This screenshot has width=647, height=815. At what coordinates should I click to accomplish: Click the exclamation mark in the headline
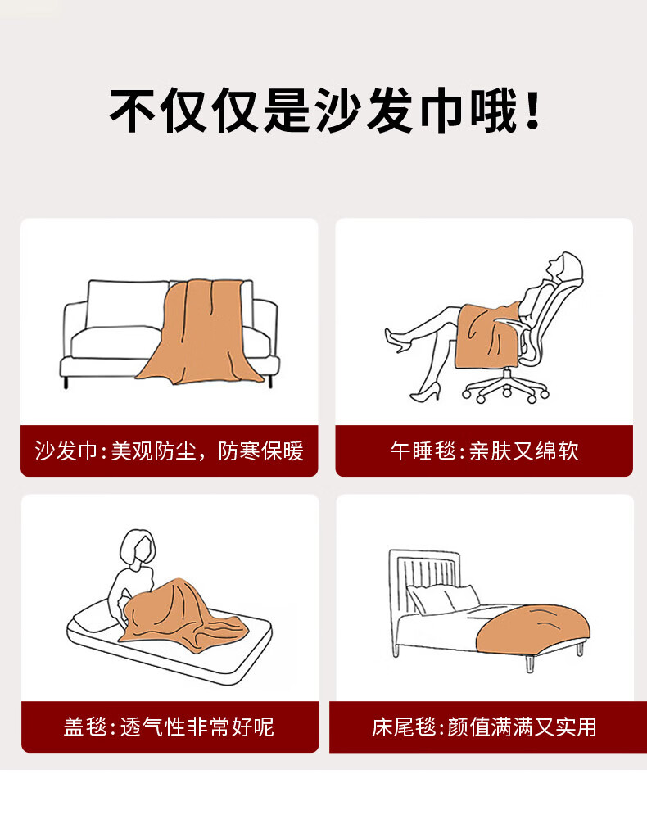click(532, 111)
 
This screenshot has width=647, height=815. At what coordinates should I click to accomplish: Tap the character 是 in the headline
click(287, 111)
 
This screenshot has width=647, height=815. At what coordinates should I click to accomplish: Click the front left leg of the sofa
click(66, 382)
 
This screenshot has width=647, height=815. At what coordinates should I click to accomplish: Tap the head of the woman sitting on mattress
click(138, 548)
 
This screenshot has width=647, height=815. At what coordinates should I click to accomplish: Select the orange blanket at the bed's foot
click(533, 630)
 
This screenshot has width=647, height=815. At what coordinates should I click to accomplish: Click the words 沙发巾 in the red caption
click(66, 451)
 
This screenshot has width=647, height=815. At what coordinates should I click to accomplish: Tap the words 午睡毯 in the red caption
click(423, 451)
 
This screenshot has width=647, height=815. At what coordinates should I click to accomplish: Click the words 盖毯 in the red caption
click(85, 727)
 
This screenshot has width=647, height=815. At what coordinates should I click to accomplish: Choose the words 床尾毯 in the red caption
click(404, 727)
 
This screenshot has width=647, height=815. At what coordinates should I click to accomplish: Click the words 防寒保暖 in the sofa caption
click(261, 451)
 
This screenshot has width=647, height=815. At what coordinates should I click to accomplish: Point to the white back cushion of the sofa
click(127, 304)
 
